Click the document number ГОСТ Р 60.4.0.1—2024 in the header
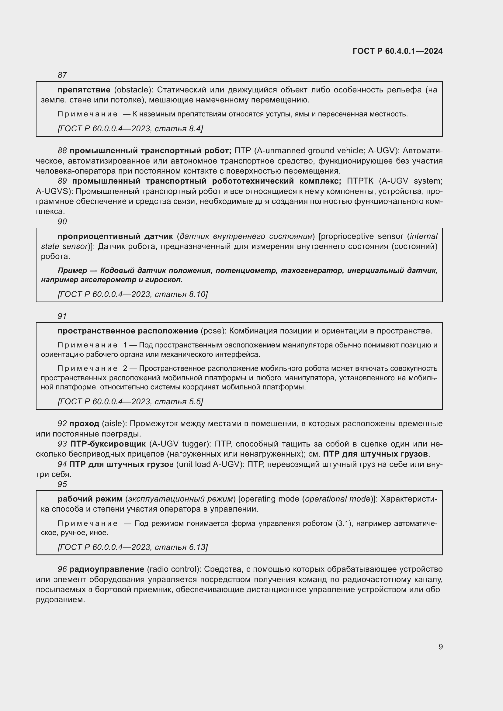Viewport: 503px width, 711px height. pos(397,51)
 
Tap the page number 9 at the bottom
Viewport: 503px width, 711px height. pos(440,647)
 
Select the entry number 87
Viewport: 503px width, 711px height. pos(62,75)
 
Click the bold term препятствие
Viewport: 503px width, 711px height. pos(84,90)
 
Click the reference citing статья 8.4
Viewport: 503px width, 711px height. pos(130,129)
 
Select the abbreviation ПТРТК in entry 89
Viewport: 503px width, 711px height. pos(360,181)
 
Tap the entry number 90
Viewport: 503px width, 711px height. pos(62,221)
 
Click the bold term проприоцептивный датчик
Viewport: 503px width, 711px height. pos(115,236)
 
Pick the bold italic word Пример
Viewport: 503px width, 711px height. pos(72,270)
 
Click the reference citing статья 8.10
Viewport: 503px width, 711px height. pos(133,294)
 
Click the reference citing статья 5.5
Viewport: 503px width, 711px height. pos(130,402)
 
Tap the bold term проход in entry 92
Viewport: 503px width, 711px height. pos(84,423)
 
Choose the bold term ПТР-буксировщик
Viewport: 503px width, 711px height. pos(108,444)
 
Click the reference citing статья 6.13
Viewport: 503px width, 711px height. pos(133,547)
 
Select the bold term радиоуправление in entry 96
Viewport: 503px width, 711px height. pos(106,569)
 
